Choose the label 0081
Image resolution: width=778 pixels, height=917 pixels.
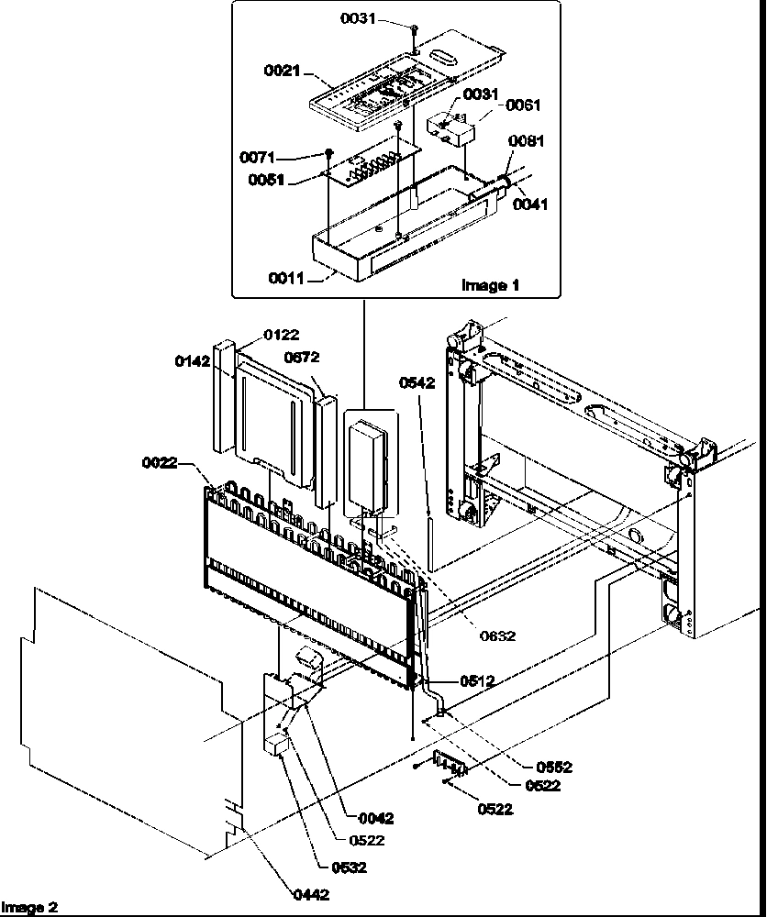[x=527, y=141]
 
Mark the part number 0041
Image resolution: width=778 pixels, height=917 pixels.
[x=530, y=204]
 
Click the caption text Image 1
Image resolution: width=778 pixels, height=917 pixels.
[x=489, y=285]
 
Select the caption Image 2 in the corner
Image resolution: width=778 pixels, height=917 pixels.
[x=29, y=908]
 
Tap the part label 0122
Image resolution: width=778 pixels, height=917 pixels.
[x=282, y=336]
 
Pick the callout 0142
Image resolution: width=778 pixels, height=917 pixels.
[x=193, y=361]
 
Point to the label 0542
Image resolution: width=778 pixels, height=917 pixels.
[x=417, y=383]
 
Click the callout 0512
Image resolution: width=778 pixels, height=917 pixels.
[x=477, y=680]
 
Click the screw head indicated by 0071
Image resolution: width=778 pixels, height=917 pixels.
[x=328, y=152]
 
